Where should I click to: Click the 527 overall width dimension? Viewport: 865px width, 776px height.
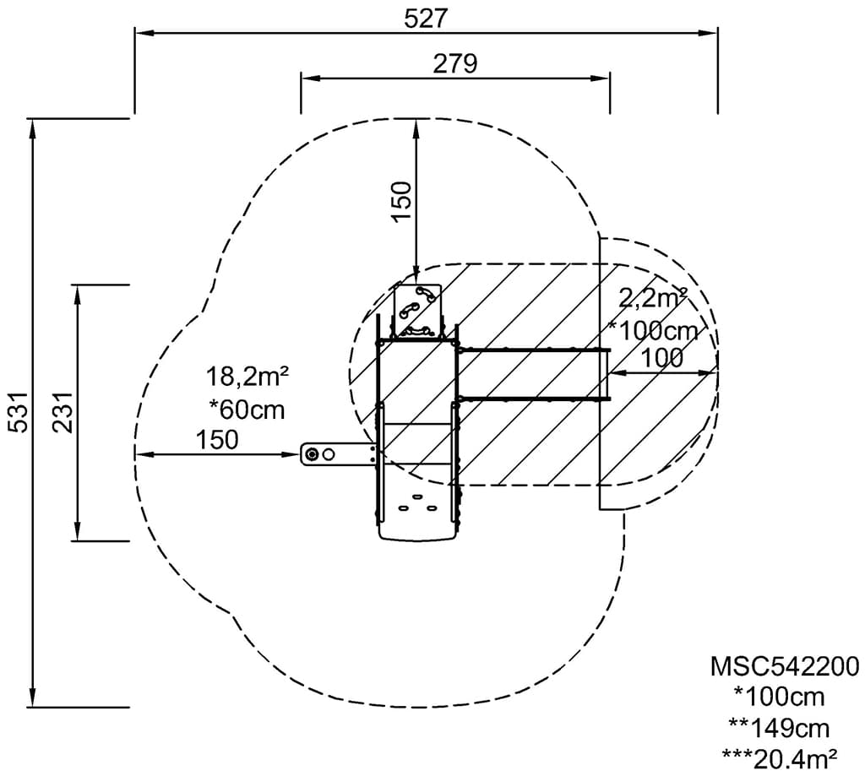pyautogui.click(x=426, y=19)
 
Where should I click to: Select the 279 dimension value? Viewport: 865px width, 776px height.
pyautogui.click(x=454, y=64)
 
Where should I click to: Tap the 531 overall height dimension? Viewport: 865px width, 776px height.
pyautogui.click(x=19, y=413)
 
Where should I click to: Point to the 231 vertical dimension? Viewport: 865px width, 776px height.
pyautogui.click(x=63, y=413)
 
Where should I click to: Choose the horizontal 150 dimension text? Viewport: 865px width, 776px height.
pyautogui.click(x=217, y=440)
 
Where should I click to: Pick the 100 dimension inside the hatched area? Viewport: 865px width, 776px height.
pyautogui.click(x=662, y=359)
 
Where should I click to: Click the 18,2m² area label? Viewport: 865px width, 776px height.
pyautogui.click(x=248, y=377)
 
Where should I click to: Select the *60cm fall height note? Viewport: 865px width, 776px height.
pyautogui.click(x=248, y=410)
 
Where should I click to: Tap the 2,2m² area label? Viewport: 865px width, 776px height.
pyautogui.click(x=653, y=298)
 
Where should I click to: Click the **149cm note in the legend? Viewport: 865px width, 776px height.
pyautogui.click(x=779, y=729)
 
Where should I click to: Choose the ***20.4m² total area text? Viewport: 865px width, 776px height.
pyautogui.click(x=780, y=759)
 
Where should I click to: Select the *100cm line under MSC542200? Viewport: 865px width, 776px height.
pyautogui.click(x=779, y=697)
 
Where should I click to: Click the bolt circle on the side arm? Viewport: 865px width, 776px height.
pyautogui.click(x=313, y=454)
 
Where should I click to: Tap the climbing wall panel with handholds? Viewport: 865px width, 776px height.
pyautogui.click(x=418, y=311)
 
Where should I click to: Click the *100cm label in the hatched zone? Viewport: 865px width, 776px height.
pyautogui.click(x=653, y=331)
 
